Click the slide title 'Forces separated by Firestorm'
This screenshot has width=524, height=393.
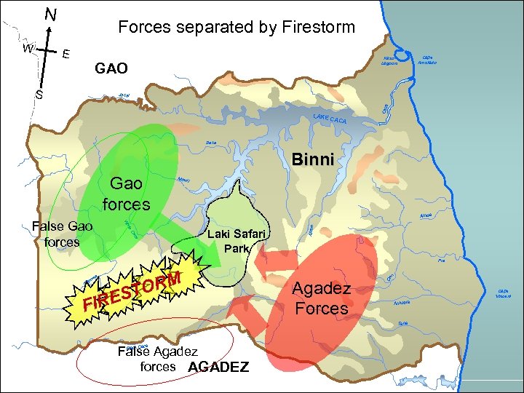[x=237, y=28]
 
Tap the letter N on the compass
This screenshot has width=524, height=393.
[x=50, y=14]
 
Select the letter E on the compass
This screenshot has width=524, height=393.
[x=66, y=53]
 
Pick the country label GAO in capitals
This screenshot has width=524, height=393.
[x=111, y=68]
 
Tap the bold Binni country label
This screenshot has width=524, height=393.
[x=312, y=160]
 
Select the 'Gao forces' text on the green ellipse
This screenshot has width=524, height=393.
[x=126, y=194]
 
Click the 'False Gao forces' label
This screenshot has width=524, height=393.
[x=62, y=234]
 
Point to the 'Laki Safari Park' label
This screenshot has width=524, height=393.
[x=237, y=241]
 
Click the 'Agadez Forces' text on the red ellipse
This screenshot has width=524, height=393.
[x=321, y=298]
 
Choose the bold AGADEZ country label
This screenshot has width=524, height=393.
[x=218, y=367]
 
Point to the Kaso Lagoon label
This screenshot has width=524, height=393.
[x=389, y=60]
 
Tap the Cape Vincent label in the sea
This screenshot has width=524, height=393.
[x=502, y=292]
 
